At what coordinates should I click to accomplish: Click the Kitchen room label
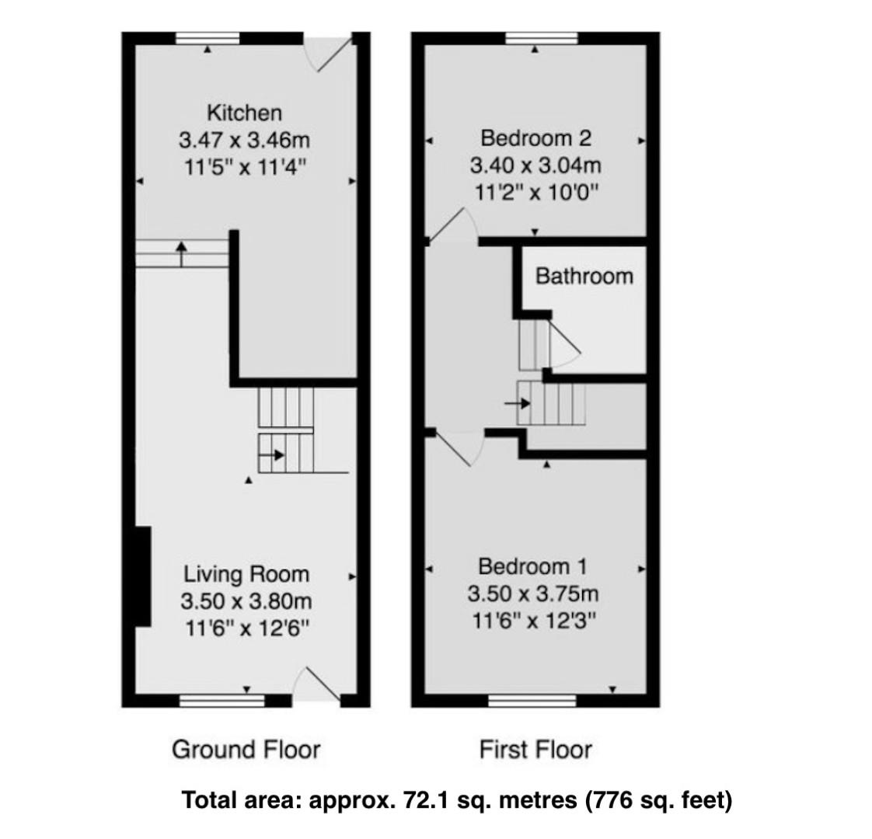click(x=244, y=113)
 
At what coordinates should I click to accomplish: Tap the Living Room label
click(x=246, y=574)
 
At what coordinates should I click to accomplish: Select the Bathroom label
click(x=584, y=276)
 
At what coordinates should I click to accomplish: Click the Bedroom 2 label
click(x=535, y=138)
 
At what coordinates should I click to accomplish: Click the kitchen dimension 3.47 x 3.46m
click(x=244, y=141)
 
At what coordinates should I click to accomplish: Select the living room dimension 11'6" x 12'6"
click(x=246, y=628)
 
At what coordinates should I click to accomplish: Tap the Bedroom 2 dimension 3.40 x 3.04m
click(x=535, y=165)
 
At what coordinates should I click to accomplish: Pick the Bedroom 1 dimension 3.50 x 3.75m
click(x=533, y=594)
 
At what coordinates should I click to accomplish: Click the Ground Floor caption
click(x=246, y=749)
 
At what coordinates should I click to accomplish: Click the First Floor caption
click(x=535, y=750)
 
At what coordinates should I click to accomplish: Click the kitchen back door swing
click(x=330, y=54)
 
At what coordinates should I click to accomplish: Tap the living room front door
click(x=317, y=684)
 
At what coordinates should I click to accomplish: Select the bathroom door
click(x=563, y=346)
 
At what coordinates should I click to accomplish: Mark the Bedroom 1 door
click(x=457, y=447)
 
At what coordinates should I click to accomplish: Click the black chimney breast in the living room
click(x=142, y=576)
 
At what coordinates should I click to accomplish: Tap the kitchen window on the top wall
click(x=208, y=38)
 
